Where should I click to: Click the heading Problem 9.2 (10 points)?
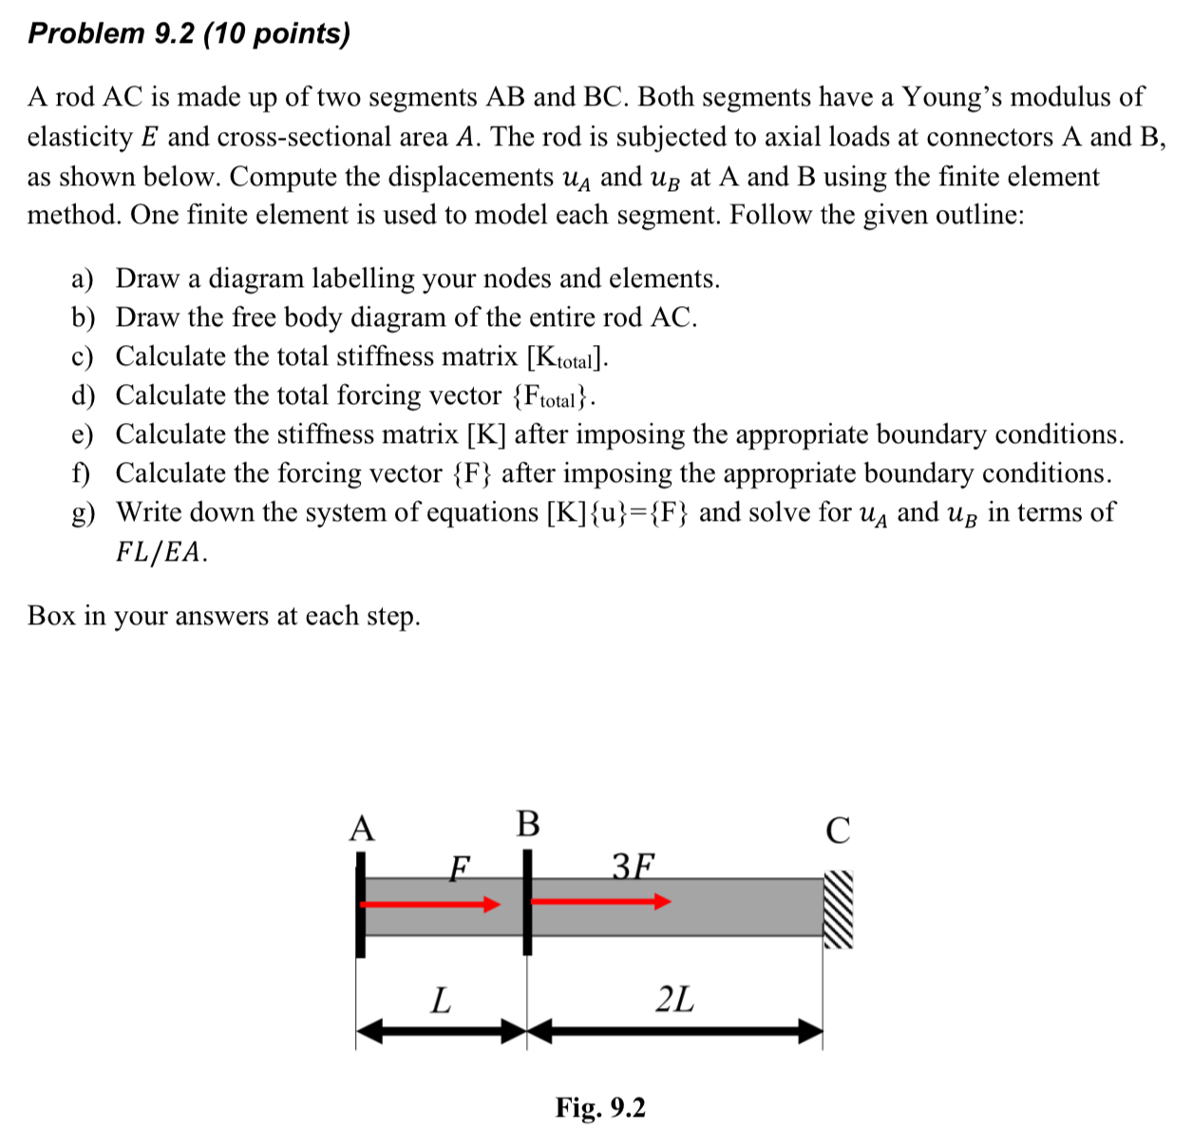[189, 34]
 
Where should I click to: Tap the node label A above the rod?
[362, 829]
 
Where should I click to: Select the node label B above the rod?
[527, 823]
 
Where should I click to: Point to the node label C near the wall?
[838, 831]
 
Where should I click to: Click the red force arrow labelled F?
[432, 904]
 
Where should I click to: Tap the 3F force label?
[634, 866]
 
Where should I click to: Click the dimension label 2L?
[675, 1000]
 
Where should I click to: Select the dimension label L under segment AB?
[441, 1000]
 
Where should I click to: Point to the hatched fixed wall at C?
[838, 909]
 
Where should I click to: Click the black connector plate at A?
[360, 904]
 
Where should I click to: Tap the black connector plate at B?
[527, 901]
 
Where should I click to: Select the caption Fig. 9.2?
[600, 1108]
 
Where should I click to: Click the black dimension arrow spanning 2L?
[675, 1031]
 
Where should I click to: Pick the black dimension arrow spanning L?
[442, 1031]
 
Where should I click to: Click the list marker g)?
[84, 513]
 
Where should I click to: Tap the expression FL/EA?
[161, 552]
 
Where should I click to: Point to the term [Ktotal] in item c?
[566, 357]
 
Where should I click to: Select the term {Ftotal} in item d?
[553, 396]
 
